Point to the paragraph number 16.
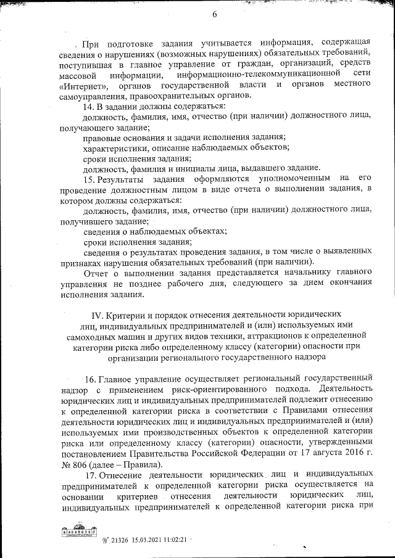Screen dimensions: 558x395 coord(89,379)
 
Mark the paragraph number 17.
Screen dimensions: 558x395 coord(89,476)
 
